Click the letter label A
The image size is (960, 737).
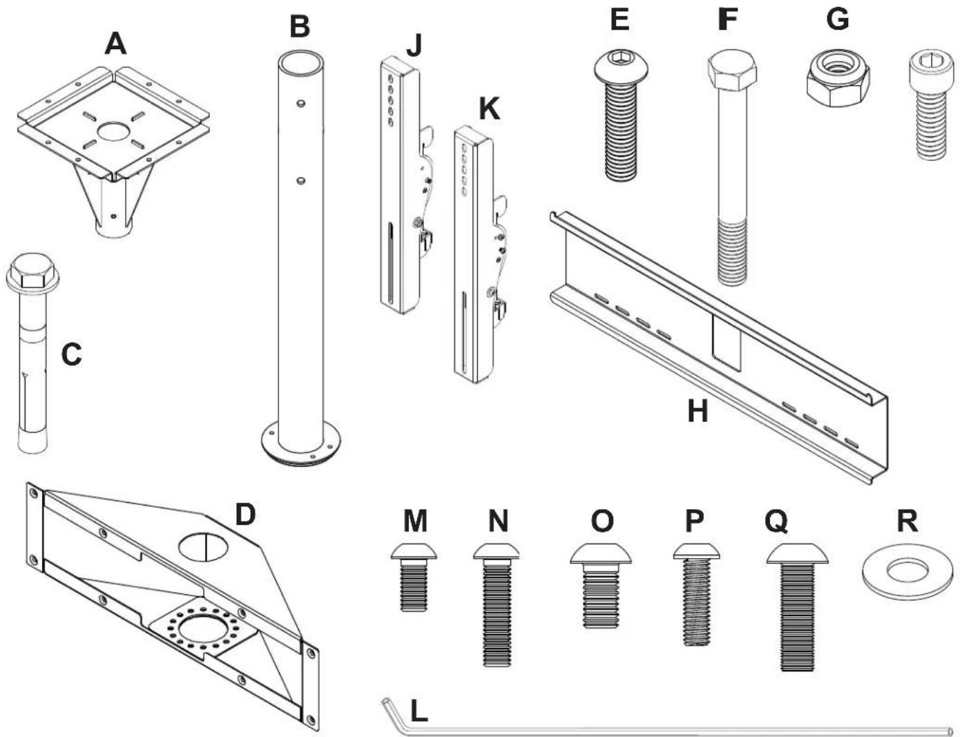point(115,44)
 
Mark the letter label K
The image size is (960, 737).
point(489,109)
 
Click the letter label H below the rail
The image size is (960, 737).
point(698,412)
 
